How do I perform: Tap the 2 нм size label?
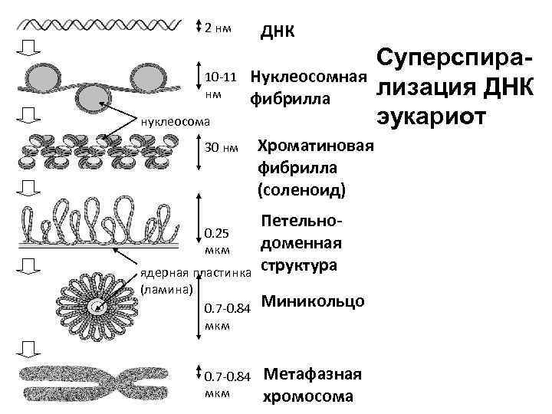click(x=219, y=28)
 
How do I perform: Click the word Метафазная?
click(x=312, y=375)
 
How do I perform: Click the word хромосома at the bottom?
click(x=307, y=396)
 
